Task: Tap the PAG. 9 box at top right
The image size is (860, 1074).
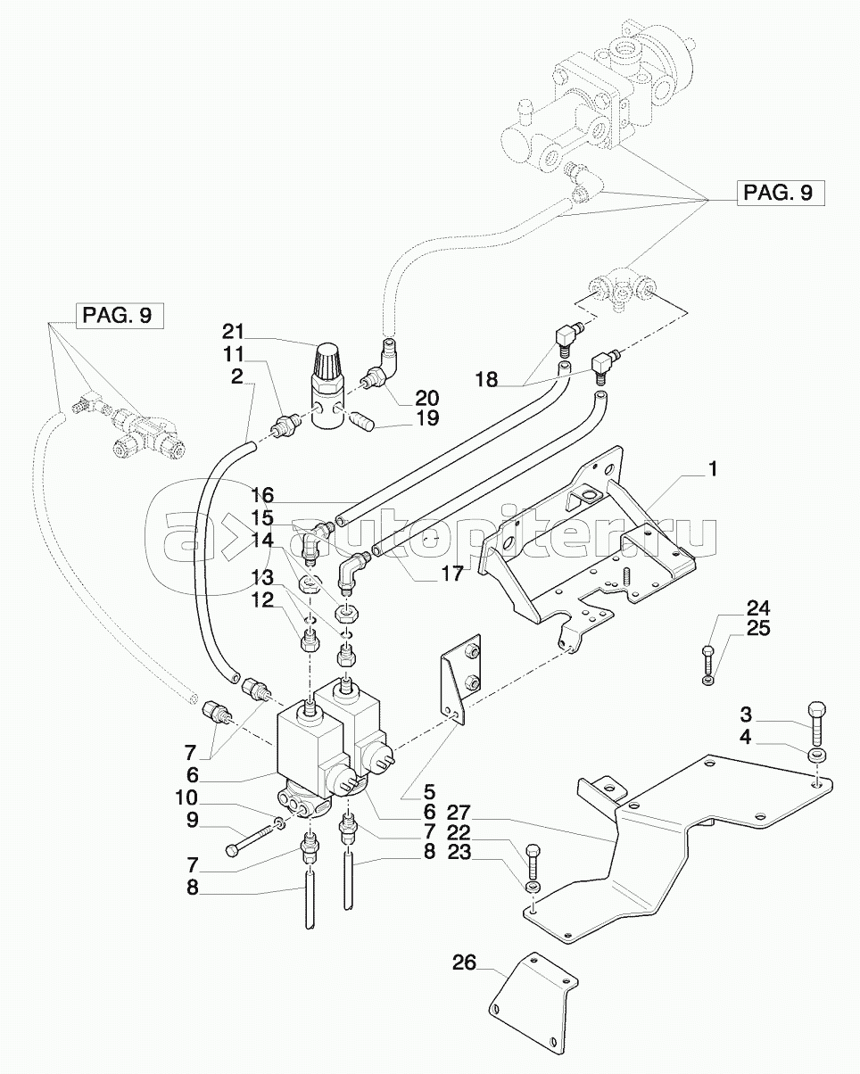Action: point(779,194)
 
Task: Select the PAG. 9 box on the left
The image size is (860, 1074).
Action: point(119,315)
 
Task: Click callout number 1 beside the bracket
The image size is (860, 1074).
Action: point(713,469)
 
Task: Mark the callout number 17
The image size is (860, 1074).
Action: point(451,574)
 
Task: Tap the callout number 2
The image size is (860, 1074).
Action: point(236,376)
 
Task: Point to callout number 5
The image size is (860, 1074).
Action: point(403,790)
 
